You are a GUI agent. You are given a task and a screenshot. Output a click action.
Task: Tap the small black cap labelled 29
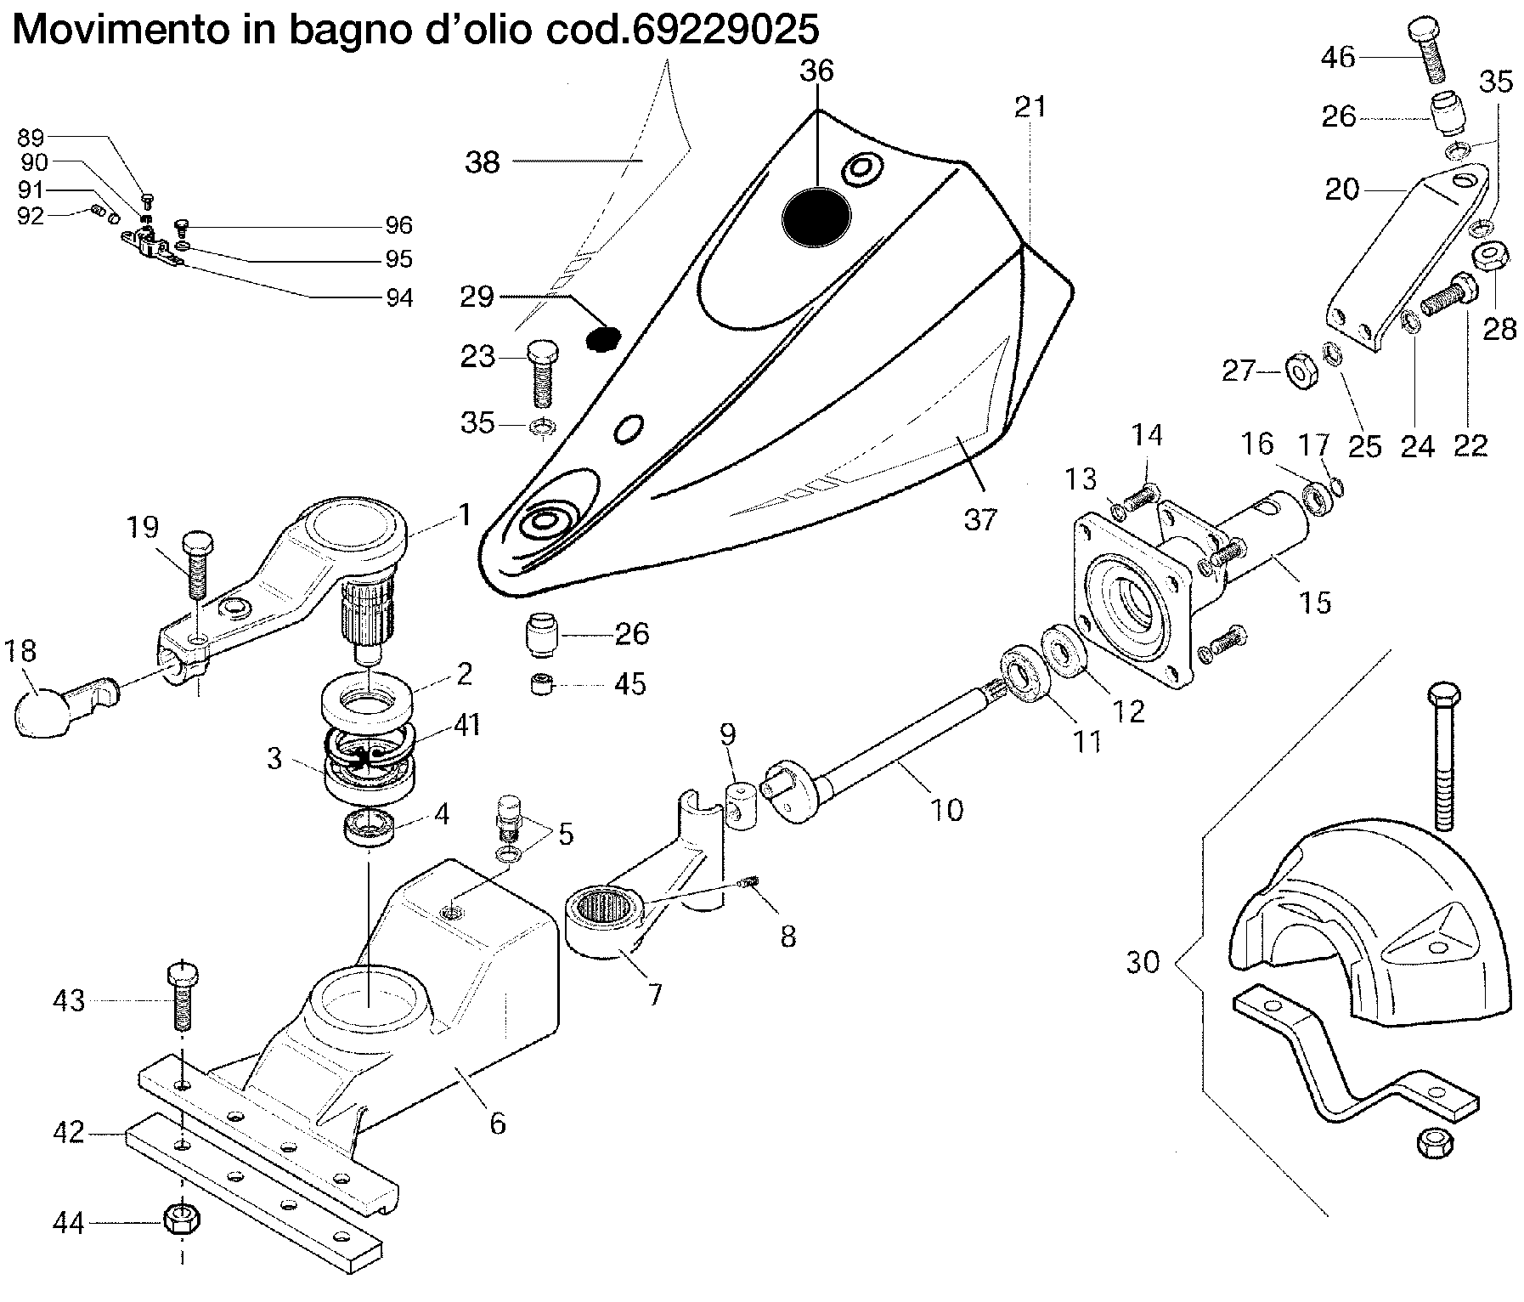603,339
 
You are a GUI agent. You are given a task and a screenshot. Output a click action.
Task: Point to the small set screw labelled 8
748,886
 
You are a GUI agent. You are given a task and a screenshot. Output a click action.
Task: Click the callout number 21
1030,108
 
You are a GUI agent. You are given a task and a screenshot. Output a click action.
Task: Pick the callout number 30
1143,963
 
